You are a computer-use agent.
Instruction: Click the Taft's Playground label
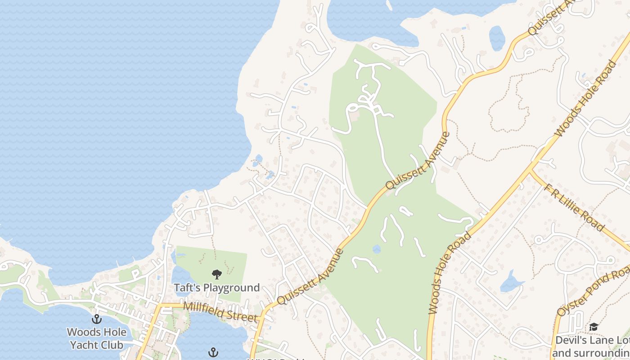click(217, 288)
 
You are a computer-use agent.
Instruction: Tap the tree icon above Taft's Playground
click(217, 274)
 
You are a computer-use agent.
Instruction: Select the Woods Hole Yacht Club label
click(95, 338)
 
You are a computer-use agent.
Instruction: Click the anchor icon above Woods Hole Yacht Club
click(96, 319)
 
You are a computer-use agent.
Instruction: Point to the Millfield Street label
click(222, 312)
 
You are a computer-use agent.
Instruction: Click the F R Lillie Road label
click(574, 207)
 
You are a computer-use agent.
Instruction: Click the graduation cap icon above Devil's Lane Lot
click(594, 327)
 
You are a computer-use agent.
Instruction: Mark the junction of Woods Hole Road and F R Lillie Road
click(530, 171)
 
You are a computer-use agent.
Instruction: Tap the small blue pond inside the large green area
click(377, 249)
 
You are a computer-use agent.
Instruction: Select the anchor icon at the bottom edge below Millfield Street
click(213, 352)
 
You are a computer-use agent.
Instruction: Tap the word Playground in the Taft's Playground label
click(232, 288)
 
